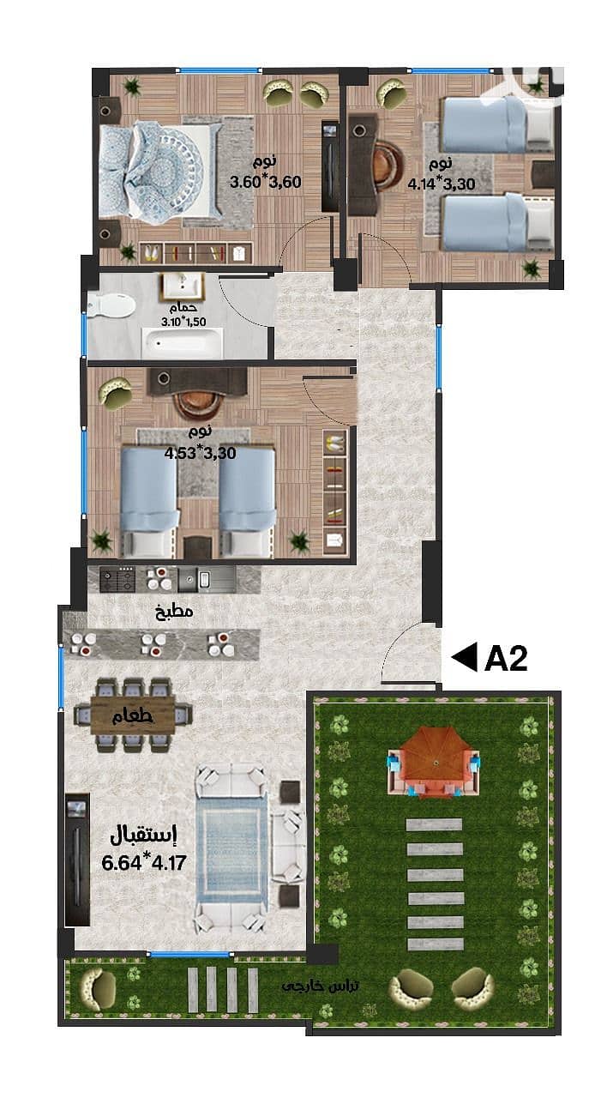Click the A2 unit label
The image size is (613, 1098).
point(506,658)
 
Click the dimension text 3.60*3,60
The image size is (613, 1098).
point(266,183)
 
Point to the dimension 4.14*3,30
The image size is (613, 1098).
point(442,184)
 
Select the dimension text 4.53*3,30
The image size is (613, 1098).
point(200,453)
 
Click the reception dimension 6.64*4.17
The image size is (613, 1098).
point(144,863)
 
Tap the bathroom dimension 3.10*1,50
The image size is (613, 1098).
point(183,322)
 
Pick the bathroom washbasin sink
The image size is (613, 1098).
point(182,287)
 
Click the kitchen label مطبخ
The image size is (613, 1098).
point(174,611)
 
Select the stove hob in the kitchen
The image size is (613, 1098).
point(117,579)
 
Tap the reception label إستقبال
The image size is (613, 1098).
point(143,836)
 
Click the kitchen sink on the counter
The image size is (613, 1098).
point(198,579)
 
